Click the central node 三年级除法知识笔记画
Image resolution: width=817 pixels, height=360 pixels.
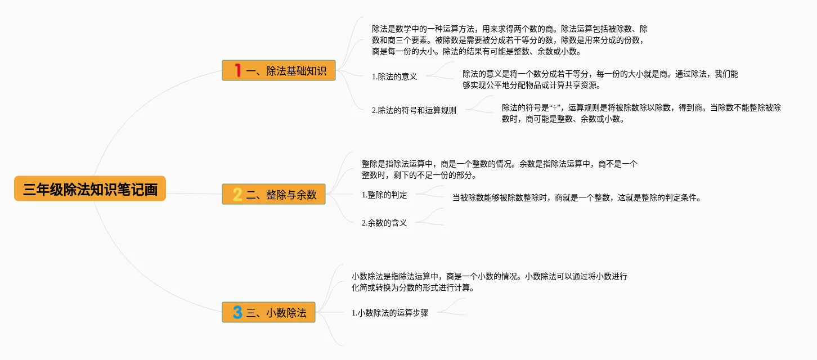point(90,189)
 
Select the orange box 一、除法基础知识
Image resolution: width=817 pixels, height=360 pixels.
point(279,70)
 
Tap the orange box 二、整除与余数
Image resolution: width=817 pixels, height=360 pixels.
point(273,194)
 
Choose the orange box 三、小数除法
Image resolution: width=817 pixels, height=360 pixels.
point(268,312)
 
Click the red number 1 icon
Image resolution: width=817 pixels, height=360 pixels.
point(238,70)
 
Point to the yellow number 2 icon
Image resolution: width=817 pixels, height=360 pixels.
point(237,195)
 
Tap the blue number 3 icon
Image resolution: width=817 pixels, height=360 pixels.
point(237,312)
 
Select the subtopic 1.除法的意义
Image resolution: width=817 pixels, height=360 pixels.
point(394,76)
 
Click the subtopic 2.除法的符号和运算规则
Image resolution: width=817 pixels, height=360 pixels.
point(414,110)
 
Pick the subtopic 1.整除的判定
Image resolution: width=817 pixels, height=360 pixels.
point(384,195)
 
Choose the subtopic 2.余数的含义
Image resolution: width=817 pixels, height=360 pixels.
point(384,223)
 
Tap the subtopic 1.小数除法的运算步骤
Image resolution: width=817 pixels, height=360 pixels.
point(390,313)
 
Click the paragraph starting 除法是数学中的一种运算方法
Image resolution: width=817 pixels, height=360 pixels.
point(509,40)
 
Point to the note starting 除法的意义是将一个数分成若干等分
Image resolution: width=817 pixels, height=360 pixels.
point(600,80)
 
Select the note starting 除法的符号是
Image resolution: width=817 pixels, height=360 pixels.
point(641,113)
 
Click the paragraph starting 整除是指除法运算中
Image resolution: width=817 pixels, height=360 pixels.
point(500,169)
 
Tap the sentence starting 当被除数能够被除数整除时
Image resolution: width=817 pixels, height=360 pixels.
point(576,197)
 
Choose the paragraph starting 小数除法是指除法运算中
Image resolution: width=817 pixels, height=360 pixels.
point(489,282)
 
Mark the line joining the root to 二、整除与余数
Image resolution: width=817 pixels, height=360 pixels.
point(194,194)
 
